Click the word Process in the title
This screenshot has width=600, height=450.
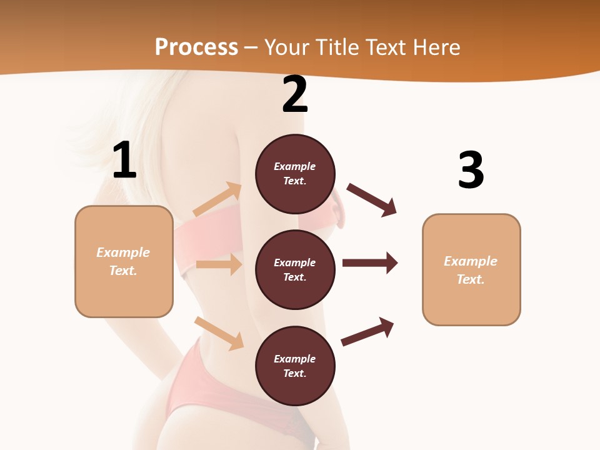(x=196, y=47)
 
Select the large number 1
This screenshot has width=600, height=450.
(x=124, y=161)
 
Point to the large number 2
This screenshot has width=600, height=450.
(x=295, y=95)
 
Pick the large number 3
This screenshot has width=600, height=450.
(x=471, y=171)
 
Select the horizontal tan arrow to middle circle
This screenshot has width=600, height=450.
(x=219, y=264)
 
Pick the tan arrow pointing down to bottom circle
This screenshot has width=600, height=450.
(x=219, y=333)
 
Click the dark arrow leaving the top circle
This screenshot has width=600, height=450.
(x=372, y=200)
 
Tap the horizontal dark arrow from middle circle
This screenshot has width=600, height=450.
(x=370, y=262)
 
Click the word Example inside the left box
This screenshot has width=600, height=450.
(x=123, y=252)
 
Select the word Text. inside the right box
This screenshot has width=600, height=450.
(x=471, y=279)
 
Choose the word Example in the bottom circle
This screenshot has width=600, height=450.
(x=294, y=359)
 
